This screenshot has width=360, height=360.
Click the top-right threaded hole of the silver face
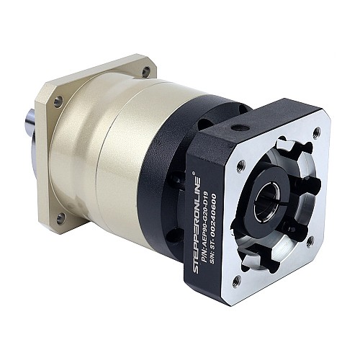pyautogui.click(x=318, y=132)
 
